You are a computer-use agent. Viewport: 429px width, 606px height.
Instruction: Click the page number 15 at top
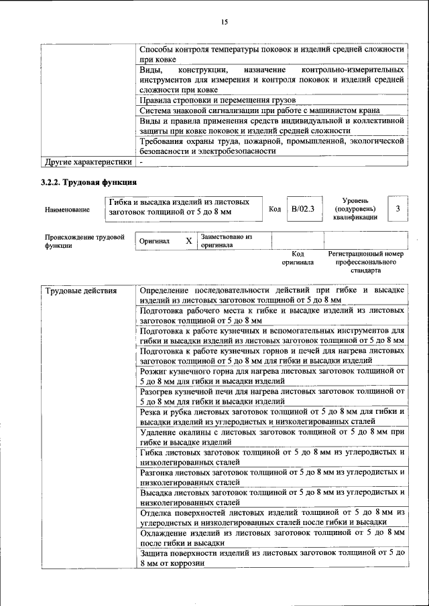(225, 22)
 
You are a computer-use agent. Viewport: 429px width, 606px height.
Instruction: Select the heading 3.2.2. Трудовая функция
(90, 183)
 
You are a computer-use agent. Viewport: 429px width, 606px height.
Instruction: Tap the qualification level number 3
(398, 210)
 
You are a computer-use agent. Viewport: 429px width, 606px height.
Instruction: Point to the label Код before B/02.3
(275, 210)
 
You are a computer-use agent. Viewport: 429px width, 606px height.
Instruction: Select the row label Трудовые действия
(81, 291)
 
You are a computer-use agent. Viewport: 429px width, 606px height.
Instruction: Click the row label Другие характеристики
(88, 162)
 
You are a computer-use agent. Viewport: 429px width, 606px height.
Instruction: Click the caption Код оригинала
(298, 258)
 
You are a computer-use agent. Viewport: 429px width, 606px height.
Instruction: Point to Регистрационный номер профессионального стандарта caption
(366, 262)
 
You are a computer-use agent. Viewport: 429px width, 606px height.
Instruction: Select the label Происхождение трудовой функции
(84, 241)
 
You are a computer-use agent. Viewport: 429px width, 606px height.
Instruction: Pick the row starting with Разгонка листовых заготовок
(271, 477)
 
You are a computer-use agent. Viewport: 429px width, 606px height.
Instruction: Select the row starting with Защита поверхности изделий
(271, 558)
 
